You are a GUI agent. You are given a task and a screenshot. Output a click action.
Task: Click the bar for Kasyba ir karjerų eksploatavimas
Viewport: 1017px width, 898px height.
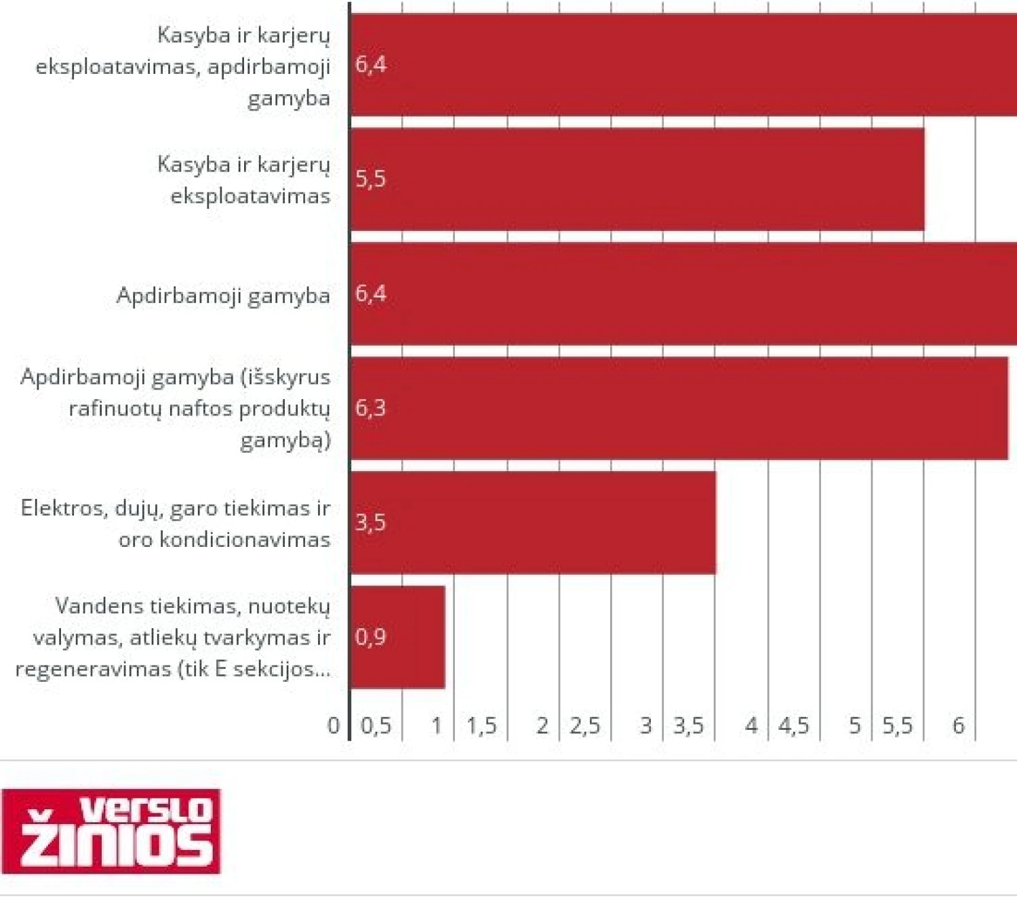pos(637,180)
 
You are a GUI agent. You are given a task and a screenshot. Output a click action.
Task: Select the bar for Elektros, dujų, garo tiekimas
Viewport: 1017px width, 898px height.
pos(533,523)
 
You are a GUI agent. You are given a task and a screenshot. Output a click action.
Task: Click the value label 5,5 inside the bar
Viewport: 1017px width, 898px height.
pos(370,179)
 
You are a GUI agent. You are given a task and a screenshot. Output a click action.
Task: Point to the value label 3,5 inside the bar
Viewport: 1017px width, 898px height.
pos(370,523)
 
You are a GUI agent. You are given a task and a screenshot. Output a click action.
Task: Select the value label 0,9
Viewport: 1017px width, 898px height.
pos(370,637)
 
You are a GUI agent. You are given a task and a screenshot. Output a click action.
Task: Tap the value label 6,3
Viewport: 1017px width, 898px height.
pos(370,408)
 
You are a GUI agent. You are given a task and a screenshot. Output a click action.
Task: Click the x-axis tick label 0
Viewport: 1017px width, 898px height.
pos(334,726)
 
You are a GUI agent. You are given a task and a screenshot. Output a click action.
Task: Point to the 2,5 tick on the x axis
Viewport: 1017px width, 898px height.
pos(584,726)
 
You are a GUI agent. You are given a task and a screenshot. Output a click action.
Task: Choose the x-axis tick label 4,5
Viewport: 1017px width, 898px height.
pos(793,726)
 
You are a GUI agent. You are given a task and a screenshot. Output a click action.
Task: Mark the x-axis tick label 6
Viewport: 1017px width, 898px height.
pos(958,726)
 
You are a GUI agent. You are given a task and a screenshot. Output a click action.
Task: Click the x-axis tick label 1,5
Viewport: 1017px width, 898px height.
pos(481,726)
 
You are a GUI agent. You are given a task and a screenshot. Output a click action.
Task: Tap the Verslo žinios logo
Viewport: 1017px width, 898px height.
pos(111,831)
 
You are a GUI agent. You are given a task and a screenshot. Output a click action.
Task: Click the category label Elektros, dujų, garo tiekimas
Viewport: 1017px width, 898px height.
pos(176,523)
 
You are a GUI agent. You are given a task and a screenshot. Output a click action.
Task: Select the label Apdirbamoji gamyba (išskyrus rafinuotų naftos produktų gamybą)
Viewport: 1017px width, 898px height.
pos(176,408)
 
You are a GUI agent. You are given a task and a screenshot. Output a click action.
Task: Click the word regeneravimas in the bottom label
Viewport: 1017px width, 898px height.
pos(93,669)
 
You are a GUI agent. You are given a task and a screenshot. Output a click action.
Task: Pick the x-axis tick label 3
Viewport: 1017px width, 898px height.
pos(645,726)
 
